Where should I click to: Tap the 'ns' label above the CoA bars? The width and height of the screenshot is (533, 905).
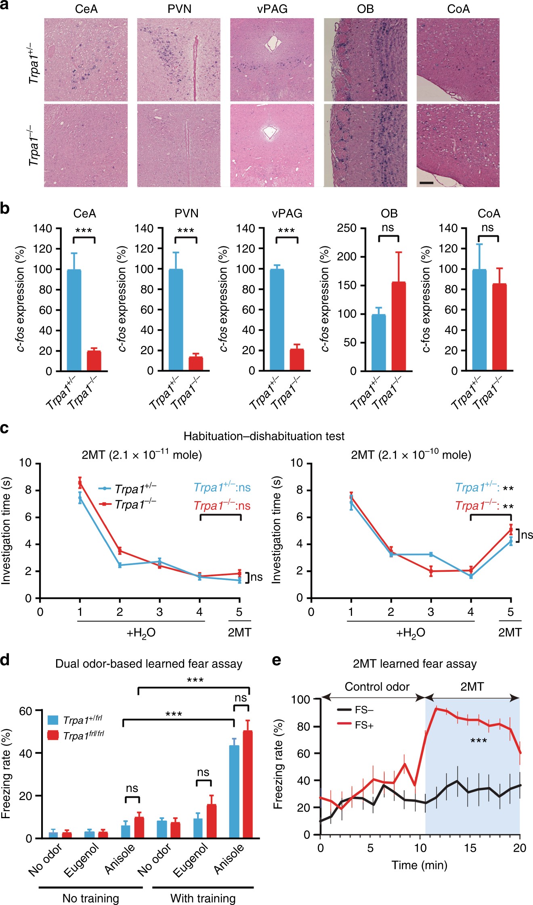pos(488,228)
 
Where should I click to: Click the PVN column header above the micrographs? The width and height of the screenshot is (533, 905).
pos(179,9)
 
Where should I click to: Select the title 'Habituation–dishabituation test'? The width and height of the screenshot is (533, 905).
pos(264,436)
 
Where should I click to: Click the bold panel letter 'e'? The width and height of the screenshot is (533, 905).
pos(277,660)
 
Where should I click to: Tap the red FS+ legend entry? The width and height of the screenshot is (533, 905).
pos(355,725)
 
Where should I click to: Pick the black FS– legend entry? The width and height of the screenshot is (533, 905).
pos(355,710)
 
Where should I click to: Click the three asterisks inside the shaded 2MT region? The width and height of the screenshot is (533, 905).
pos(478,741)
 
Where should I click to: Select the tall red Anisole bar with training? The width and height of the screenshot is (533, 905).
pos(248,784)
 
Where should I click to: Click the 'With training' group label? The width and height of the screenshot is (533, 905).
pos(203,898)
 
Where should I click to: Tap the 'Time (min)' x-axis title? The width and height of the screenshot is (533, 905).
pos(420,865)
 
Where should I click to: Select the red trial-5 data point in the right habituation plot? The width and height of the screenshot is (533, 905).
pos(511,529)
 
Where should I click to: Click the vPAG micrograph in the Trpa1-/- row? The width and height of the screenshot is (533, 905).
pos(272,145)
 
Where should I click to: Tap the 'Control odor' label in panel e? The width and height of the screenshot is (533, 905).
pos(377,687)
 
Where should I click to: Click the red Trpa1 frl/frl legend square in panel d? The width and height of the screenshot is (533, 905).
pos(53,735)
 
